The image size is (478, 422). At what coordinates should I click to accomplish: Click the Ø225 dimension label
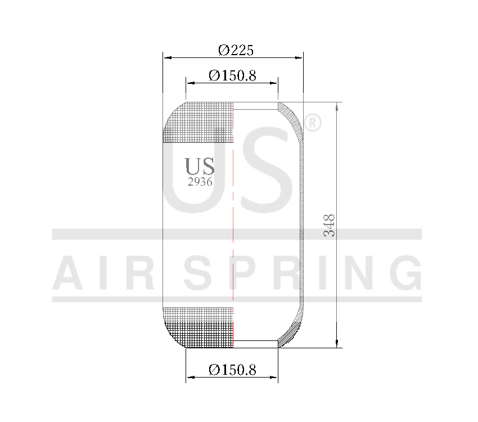[236, 50]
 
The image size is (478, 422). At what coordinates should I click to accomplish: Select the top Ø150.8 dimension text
[232, 75]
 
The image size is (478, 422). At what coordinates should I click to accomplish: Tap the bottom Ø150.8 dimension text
[232, 370]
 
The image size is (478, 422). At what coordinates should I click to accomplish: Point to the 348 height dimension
[330, 225]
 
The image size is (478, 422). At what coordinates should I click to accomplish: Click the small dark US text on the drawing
[200, 166]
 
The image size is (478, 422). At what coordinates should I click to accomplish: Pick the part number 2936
[200, 182]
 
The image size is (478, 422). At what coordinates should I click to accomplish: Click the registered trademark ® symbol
[313, 123]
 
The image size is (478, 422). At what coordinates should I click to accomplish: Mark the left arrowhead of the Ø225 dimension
[166, 57]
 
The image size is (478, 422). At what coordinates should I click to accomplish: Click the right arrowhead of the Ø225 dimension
[299, 57]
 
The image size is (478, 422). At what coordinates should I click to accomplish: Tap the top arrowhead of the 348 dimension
[337, 106]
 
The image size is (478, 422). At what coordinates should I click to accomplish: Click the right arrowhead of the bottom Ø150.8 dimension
[274, 377]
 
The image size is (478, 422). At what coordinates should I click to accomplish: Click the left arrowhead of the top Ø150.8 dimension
[190, 83]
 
